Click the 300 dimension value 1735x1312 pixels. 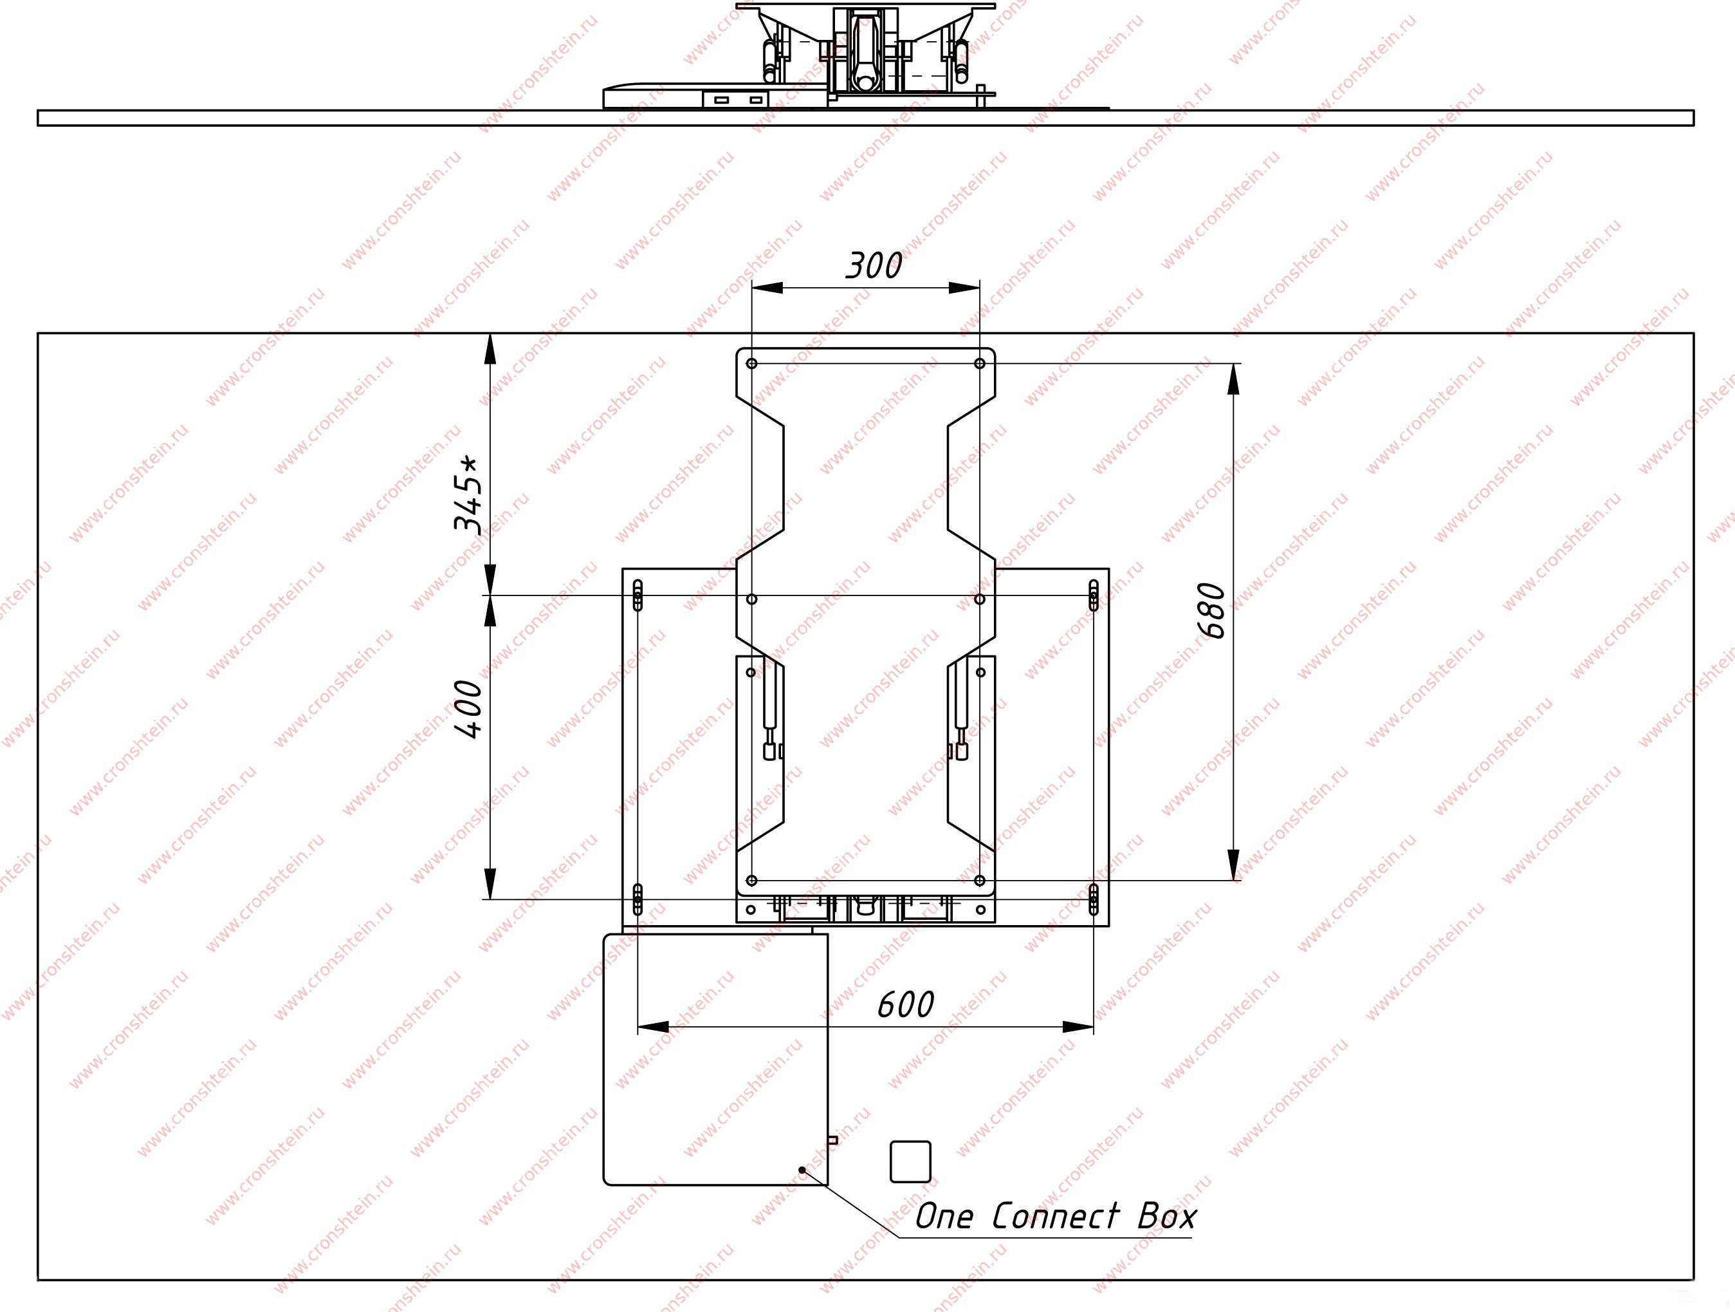874,266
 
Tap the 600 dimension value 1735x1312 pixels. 906,1005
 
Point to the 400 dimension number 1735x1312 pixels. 469,709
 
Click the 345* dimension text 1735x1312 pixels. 468,494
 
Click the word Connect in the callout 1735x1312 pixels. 1056,1216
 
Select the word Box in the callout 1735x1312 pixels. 1167,1216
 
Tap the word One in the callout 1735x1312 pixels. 944,1216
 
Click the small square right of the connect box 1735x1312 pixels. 911,1161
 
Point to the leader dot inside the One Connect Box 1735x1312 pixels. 802,1170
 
